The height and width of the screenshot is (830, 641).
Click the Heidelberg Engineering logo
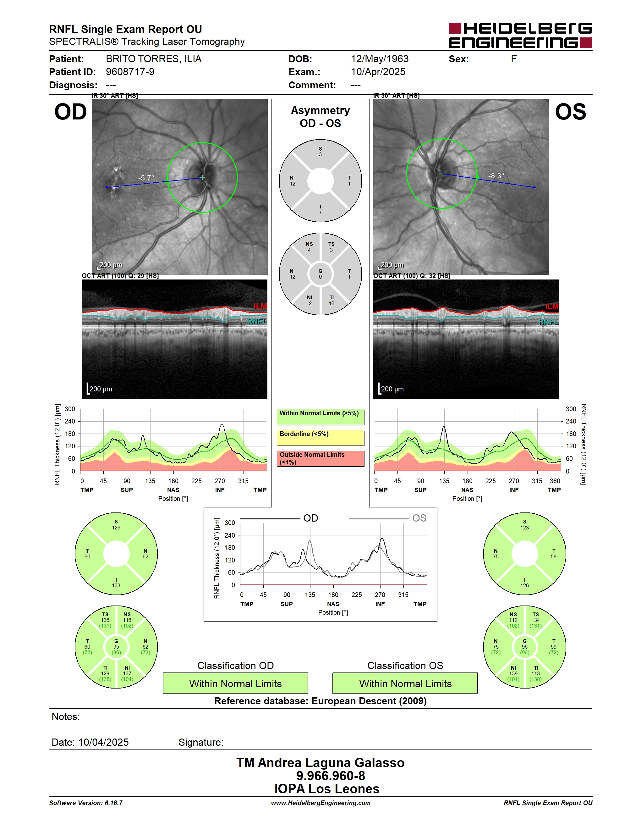click(x=520, y=35)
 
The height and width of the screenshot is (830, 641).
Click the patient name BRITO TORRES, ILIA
click(x=153, y=59)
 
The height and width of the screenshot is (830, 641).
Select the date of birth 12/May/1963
click(x=379, y=59)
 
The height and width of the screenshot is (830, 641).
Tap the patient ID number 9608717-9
click(x=130, y=72)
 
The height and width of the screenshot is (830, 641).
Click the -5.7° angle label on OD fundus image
click(x=146, y=178)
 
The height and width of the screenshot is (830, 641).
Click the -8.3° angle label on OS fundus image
click(x=496, y=175)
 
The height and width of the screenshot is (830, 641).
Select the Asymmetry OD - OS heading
click(x=320, y=117)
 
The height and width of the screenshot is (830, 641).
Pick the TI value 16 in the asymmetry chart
click(x=331, y=303)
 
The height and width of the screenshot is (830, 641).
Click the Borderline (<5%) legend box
click(x=320, y=437)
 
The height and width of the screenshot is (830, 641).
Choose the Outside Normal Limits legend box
click(x=320, y=458)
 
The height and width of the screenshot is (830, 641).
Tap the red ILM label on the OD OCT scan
click(x=260, y=306)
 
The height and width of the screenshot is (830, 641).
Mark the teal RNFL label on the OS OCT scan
click(x=549, y=322)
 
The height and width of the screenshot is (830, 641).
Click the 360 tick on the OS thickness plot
click(x=555, y=481)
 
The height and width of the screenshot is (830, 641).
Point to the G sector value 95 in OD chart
click(x=116, y=646)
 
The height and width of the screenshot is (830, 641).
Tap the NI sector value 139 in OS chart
click(x=513, y=673)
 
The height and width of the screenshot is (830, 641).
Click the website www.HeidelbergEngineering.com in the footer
click(x=320, y=803)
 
